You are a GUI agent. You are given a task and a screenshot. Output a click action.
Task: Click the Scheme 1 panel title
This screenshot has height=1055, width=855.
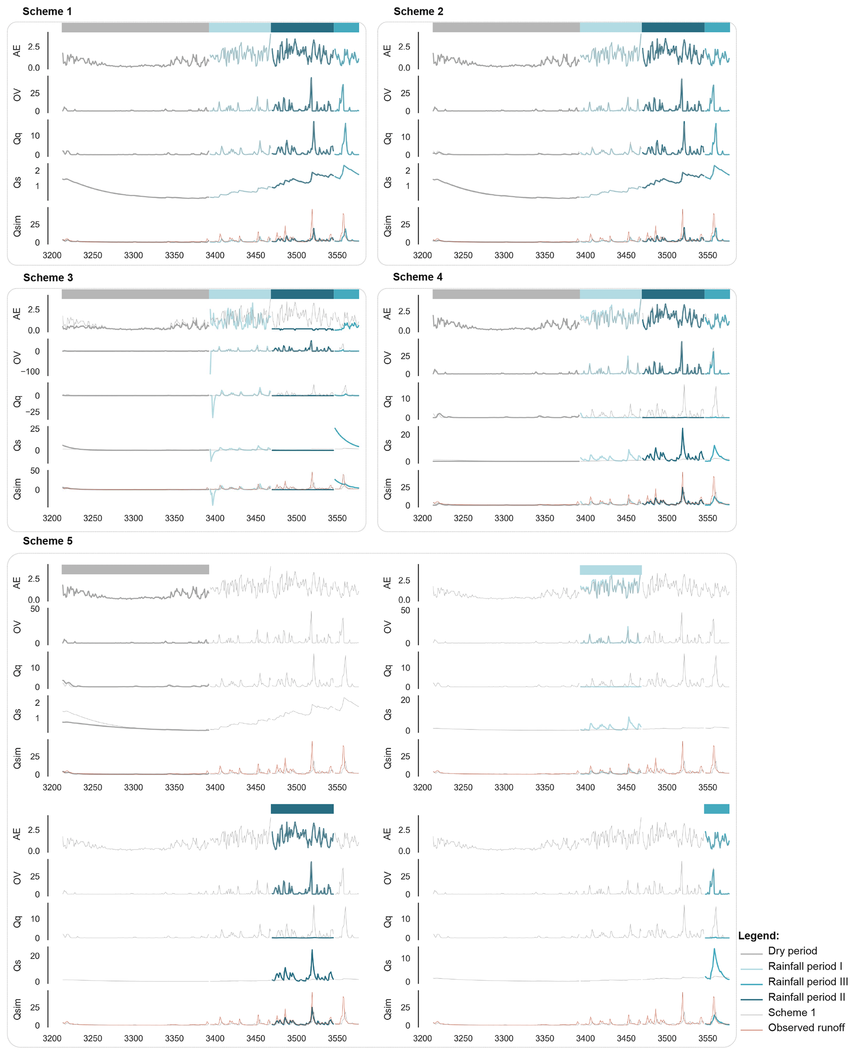[x=47, y=11]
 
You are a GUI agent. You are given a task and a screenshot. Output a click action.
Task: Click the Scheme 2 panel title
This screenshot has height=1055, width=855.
[x=418, y=11]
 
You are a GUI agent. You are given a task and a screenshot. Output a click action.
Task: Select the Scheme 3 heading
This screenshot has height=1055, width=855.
[x=48, y=278]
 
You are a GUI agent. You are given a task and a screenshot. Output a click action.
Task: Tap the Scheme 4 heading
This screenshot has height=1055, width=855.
[x=418, y=277]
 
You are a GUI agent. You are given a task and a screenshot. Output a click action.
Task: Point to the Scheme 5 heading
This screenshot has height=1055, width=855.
[x=47, y=541]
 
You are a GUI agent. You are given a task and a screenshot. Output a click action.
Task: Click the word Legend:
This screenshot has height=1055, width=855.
[x=759, y=935]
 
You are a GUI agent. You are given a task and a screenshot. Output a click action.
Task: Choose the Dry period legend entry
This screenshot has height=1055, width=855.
[x=792, y=951]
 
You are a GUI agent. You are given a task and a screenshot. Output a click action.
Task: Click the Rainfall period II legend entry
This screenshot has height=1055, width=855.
[x=806, y=997]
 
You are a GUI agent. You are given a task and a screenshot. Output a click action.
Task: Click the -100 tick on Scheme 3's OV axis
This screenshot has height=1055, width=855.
[x=30, y=372]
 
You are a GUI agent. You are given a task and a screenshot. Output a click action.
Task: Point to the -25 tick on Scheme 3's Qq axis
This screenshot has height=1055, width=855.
[x=33, y=412]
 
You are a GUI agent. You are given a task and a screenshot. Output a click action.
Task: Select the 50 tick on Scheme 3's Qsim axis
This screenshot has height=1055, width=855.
[x=35, y=471]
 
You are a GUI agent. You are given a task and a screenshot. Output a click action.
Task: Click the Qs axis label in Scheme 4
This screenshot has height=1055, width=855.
[x=388, y=445]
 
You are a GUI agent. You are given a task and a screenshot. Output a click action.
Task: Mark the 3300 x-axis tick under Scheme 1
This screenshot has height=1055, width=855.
[x=134, y=255]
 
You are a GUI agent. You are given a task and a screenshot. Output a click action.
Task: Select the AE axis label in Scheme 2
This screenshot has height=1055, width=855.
[x=388, y=51]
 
